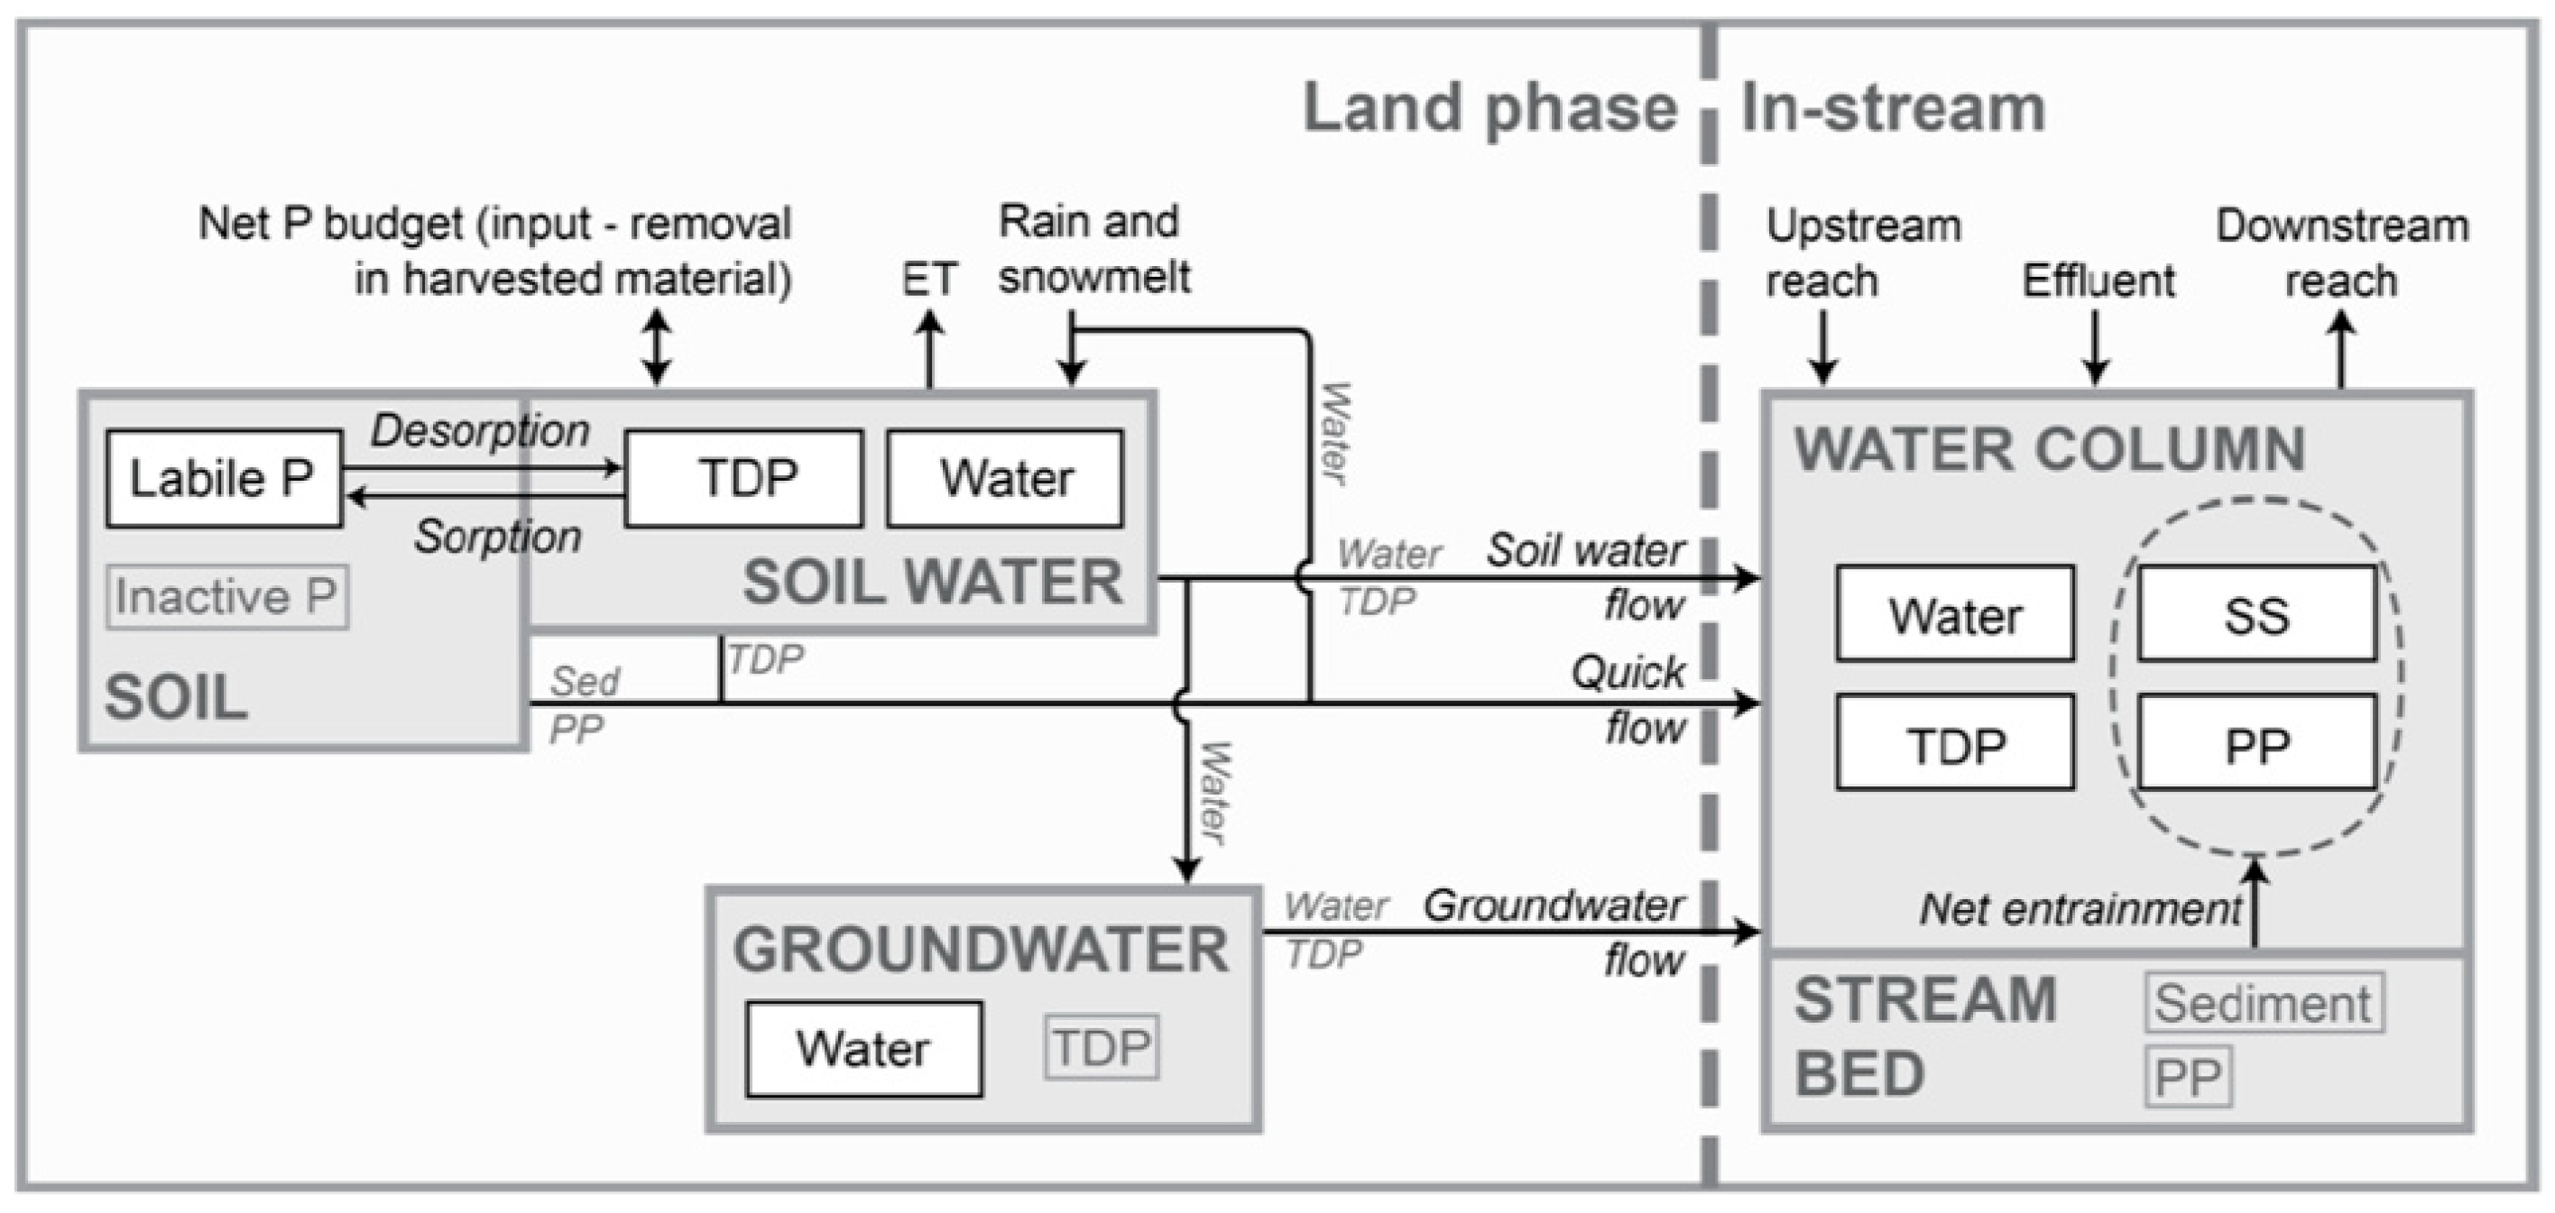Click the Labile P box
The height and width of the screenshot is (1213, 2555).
pyautogui.click(x=223, y=478)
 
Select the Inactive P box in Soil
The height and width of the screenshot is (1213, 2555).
pyautogui.click(x=227, y=597)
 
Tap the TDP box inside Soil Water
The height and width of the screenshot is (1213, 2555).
pyautogui.click(x=744, y=478)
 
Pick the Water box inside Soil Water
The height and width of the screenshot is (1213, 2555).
pyautogui.click(x=1005, y=478)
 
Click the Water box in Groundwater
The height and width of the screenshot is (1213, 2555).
pyautogui.click(x=864, y=1048)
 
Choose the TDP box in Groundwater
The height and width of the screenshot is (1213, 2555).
pyautogui.click(x=1101, y=1047)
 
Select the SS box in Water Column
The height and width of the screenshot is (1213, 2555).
pyautogui.click(x=2256, y=614)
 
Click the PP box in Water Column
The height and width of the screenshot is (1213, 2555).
pyautogui.click(x=2256, y=743)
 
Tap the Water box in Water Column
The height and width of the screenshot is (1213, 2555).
pyautogui.click(x=1955, y=614)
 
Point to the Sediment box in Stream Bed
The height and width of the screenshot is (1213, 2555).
pyautogui.click(x=2264, y=1004)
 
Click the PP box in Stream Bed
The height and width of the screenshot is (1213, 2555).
pyautogui.click(x=2188, y=1076)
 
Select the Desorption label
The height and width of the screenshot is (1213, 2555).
pyautogui.click(x=480, y=430)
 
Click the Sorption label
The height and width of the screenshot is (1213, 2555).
pyautogui.click(x=498, y=537)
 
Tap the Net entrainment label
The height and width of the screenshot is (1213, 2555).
pyautogui.click(x=2080, y=908)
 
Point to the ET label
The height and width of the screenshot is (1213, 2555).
pyautogui.click(x=928, y=280)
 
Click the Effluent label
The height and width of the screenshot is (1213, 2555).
pyautogui.click(x=2098, y=281)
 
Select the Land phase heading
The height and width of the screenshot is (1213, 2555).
pyautogui.click(x=1489, y=108)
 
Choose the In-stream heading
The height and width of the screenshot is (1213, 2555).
pyautogui.click(x=1893, y=108)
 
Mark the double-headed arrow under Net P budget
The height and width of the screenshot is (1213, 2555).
pyautogui.click(x=657, y=346)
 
